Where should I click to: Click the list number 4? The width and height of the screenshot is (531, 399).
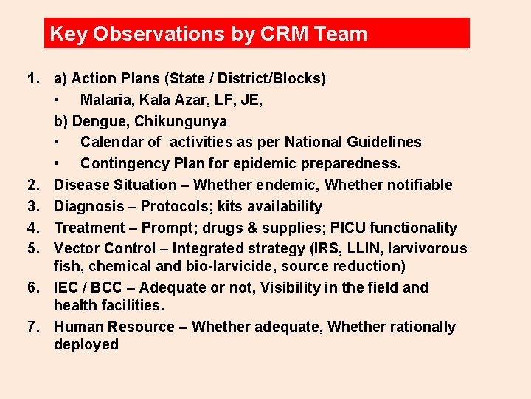coord(32,228)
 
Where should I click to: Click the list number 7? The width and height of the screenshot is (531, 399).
coord(32,327)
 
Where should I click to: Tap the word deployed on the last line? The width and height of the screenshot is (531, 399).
coord(86,344)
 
